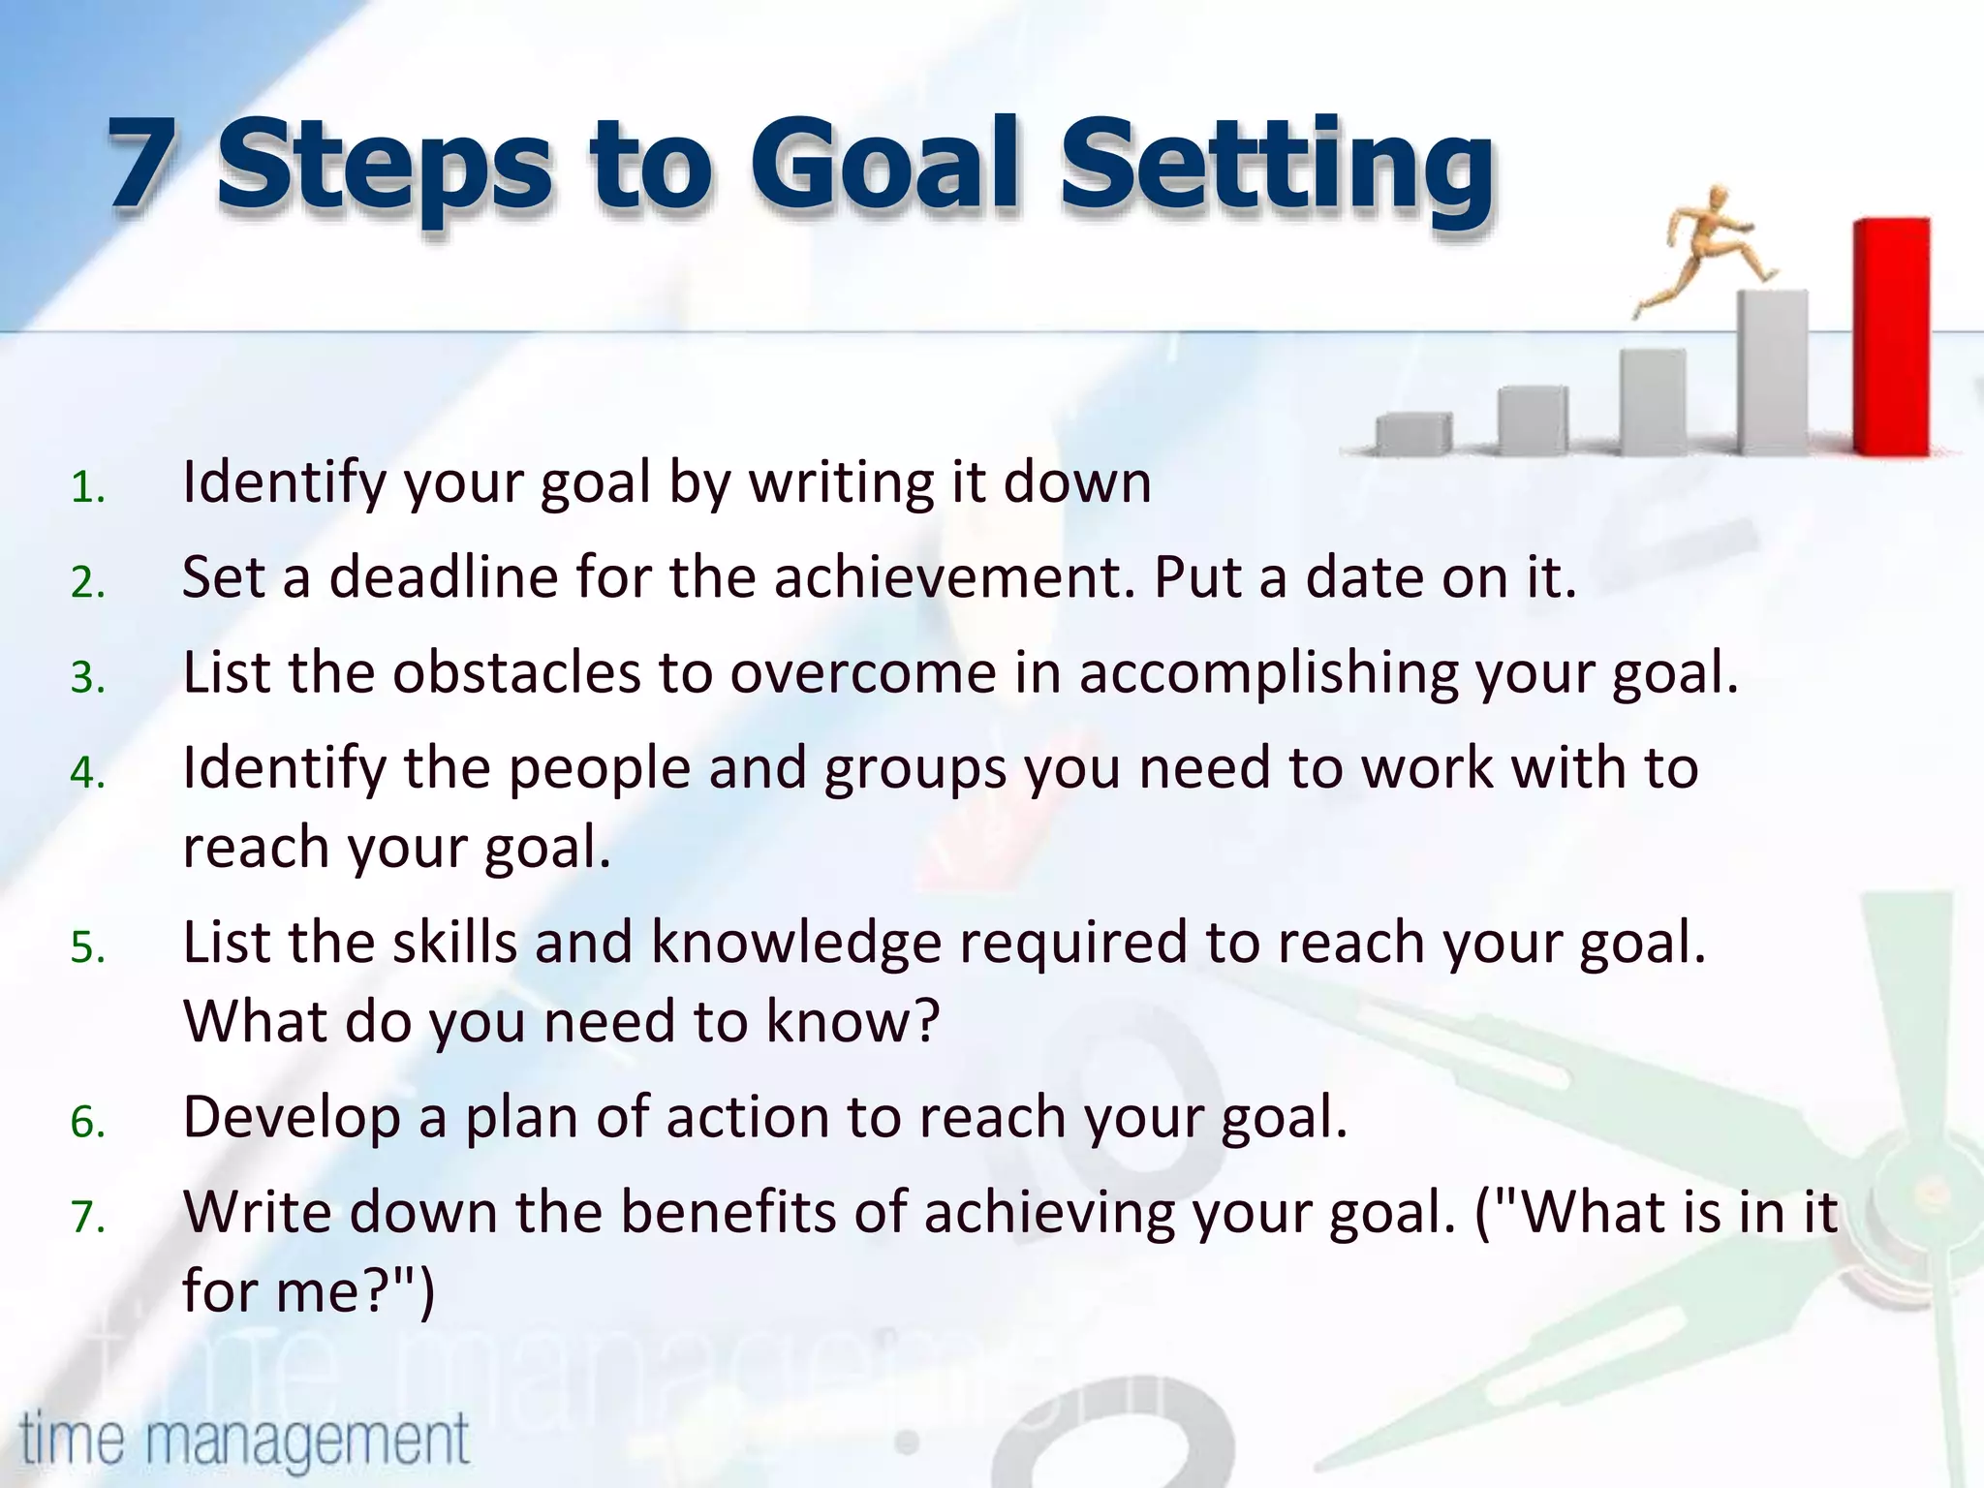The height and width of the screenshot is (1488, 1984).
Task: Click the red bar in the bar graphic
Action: (1890, 336)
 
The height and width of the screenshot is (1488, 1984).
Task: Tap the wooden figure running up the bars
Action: (1707, 250)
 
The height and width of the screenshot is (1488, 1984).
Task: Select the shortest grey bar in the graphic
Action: (1412, 433)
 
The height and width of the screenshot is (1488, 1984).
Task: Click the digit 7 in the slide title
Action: (142, 164)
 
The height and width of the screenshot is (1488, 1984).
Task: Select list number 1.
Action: (87, 488)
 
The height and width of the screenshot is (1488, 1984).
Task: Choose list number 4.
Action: (87, 773)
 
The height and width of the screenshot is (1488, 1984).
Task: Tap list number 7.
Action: (87, 1217)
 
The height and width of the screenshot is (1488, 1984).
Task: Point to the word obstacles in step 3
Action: (515, 671)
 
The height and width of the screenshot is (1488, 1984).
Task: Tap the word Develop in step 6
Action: (291, 1118)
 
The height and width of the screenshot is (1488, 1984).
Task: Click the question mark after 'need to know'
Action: (925, 1021)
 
